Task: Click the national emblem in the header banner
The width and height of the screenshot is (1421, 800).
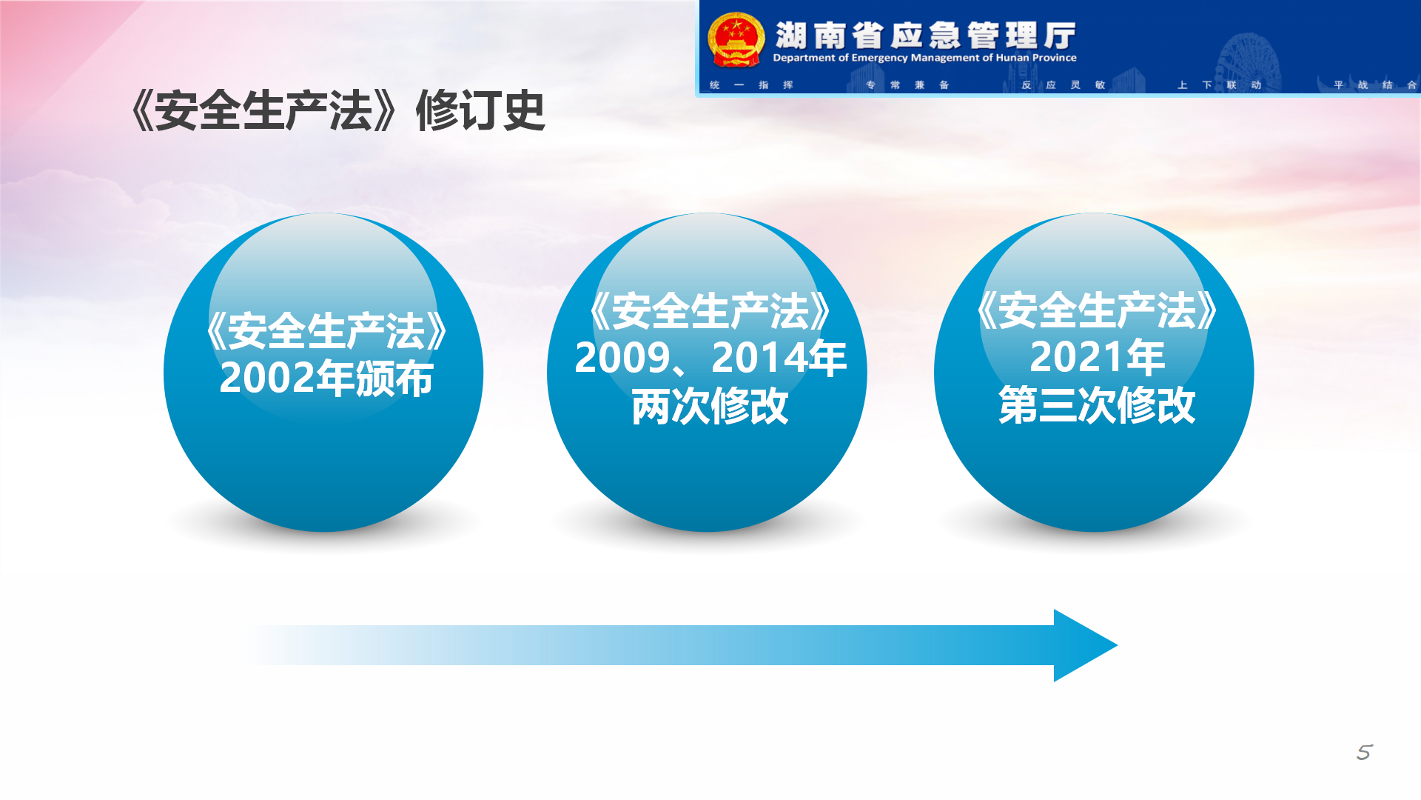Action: [736, 40]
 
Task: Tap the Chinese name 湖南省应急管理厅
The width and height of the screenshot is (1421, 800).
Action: [925, 35]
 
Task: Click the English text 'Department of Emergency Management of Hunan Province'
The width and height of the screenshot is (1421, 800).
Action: [924, 58]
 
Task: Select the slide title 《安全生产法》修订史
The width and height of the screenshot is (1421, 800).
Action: [338, 111]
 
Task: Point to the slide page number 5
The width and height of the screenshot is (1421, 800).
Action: [1364, 753]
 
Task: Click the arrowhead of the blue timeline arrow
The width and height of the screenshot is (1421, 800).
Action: [1085, 645]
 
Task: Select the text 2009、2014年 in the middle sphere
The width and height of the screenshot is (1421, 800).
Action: [710, 358]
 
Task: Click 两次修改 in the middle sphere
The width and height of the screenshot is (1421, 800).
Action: [710, 406]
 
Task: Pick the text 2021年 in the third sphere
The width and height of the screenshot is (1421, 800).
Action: [1097, 357]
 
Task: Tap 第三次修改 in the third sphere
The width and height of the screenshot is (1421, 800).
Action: [1097, 405]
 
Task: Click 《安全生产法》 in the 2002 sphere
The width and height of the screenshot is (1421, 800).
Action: [326, 330]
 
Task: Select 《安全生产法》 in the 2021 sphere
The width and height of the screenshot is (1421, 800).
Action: [1097, 310]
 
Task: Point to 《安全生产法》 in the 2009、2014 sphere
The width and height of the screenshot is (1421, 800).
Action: [710, 310]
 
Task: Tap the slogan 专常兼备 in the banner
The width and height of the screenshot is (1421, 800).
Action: [907, 85]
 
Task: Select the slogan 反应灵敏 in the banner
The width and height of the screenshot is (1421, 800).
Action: [1064, 85]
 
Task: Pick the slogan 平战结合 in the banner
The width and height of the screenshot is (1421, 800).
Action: [1375, 85]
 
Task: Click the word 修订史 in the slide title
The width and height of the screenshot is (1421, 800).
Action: [481, 111]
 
